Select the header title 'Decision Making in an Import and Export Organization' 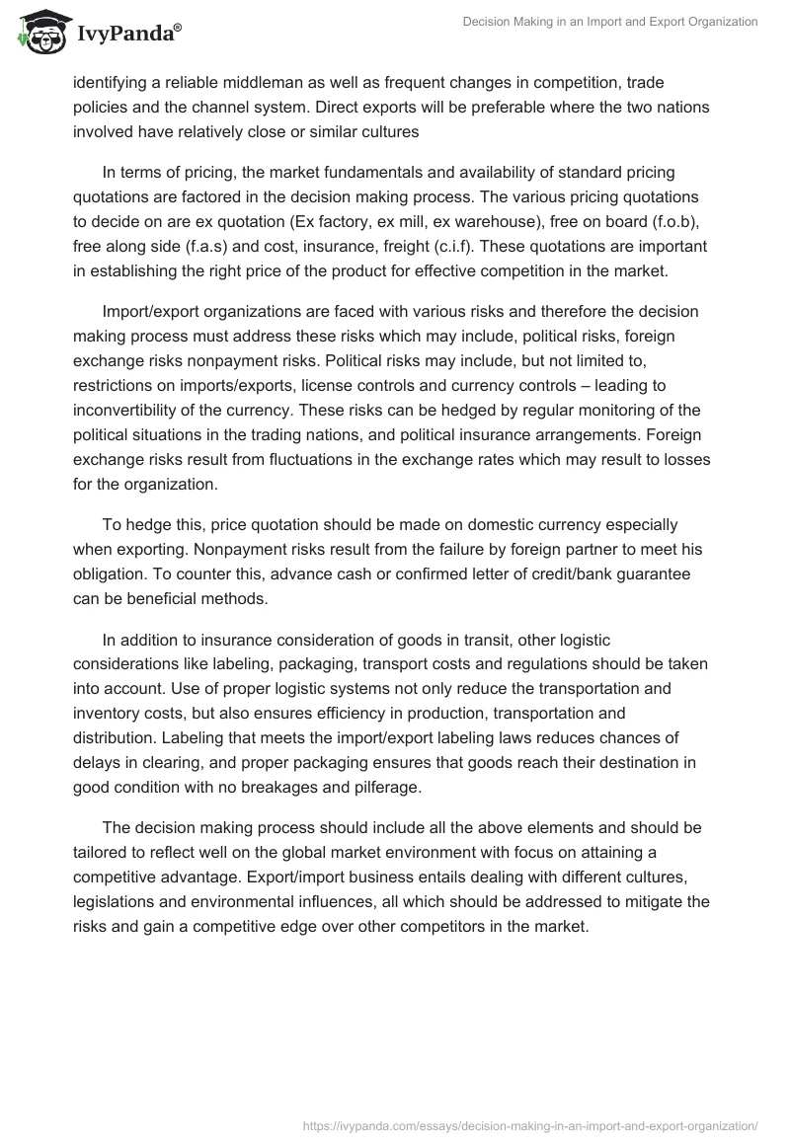click(610, 22)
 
